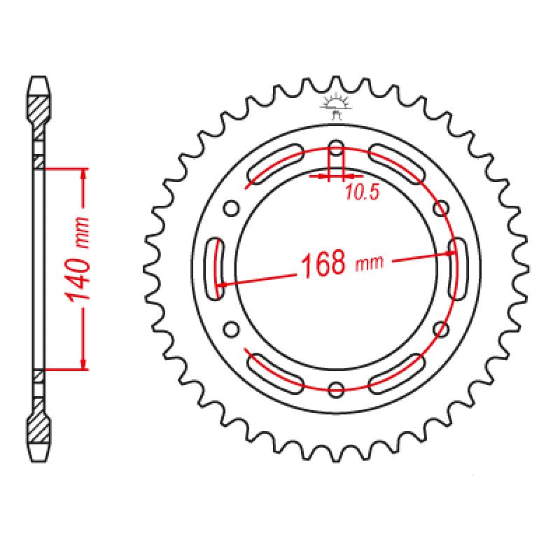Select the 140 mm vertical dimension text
(79, 259)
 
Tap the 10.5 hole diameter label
(361, 193)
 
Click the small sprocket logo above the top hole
(335, 107)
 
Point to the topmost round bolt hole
(337, 148)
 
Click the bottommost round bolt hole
(337, 389)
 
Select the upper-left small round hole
(230, 208)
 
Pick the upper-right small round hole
(441, 208)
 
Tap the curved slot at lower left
(274, 370)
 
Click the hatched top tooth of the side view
(39, 108)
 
